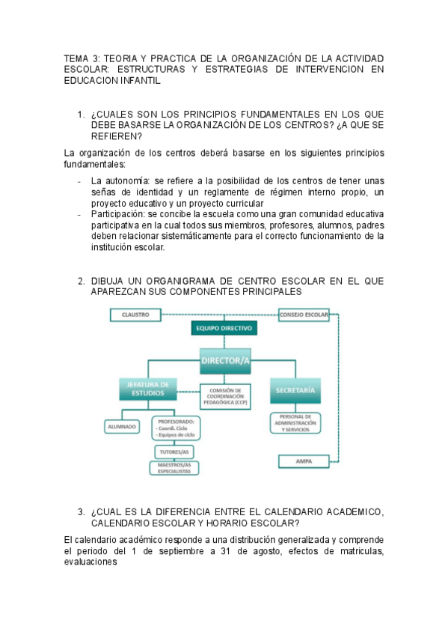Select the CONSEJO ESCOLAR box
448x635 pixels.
(304, 315)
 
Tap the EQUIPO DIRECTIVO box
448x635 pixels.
(224, 328)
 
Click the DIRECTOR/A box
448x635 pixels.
(225, 360)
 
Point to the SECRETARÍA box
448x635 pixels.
(295, 390)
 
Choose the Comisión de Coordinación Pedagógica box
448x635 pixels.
(226, 396)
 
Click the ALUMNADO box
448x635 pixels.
(121, 426)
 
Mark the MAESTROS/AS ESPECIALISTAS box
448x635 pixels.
(175, 468)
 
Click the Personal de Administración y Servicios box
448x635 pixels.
(295, 422)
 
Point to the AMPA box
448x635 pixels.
(304, 461)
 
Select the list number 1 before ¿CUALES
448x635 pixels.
(81, 115)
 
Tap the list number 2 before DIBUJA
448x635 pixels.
(81, 281)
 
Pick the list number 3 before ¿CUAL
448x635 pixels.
(81, 512)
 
